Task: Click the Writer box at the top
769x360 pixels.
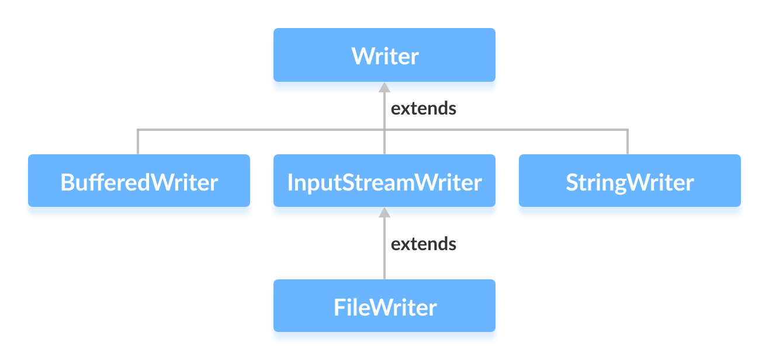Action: coord(384,55)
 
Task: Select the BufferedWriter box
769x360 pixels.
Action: coord(139,181)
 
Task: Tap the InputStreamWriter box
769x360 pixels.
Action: coord(384,181)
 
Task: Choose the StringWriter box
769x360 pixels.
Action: coord(629,181)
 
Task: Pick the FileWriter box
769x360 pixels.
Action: coord(384,306)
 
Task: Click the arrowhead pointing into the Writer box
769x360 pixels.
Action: coord(384,87)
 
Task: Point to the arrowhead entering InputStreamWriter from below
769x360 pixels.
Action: coord(384,212)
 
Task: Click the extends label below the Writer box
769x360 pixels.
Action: coord(423,108)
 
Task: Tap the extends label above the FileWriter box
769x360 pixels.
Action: coord(423,243)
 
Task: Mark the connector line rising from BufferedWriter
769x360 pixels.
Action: coord(138,142)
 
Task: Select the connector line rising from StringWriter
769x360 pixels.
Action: coord(628,142)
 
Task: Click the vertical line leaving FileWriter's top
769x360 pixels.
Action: coord(384,257)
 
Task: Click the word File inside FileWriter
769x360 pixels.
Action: coord(349,307)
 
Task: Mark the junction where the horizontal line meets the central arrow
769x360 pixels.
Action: coord(384,130)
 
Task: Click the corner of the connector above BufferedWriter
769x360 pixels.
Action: coord(138,130)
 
